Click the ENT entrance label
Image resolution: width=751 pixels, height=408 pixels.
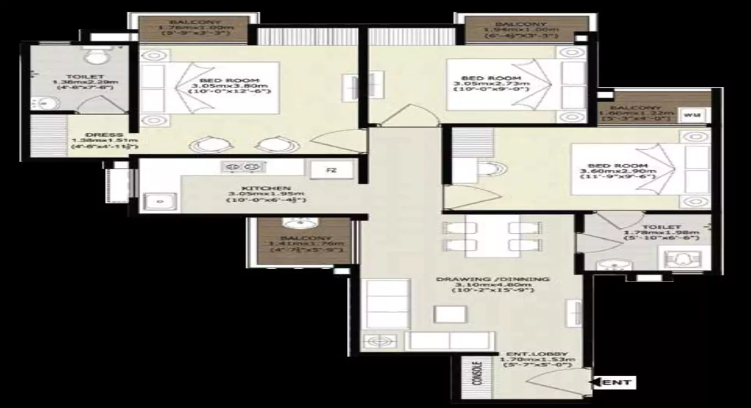[617, 382]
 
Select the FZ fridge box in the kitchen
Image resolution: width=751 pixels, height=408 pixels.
[331, 170]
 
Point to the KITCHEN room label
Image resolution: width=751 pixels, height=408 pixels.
[266, 189]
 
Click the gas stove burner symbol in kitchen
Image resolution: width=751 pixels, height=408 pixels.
[243, 166]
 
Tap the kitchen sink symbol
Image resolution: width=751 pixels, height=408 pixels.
[160, 201]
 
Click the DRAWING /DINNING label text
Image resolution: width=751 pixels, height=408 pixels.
[493, 279]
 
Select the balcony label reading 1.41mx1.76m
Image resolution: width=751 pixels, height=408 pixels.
[306, 243]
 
